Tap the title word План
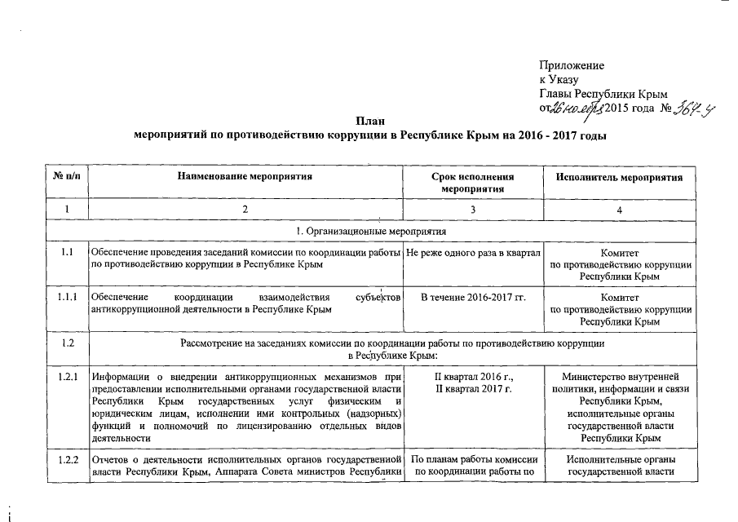pyautogui.click(x=369, y=121)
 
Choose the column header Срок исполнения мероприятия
pyautogui.click(x=474, y=183)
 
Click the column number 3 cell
pyautogui.click(x=474, y=210)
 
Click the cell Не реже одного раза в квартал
pyautogui.click(x=474, y=254)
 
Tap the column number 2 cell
pyautogui.click(x=247, y=210)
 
